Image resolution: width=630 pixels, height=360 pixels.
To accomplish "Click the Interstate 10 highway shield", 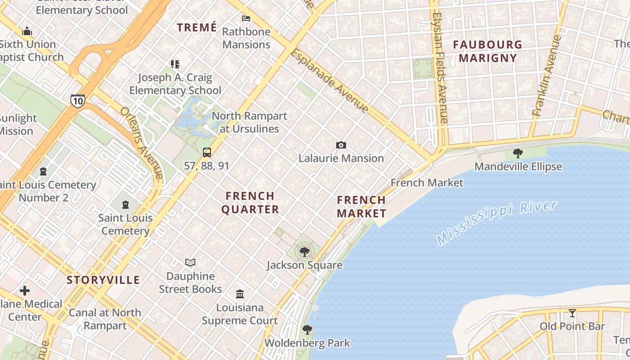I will pos(77,100).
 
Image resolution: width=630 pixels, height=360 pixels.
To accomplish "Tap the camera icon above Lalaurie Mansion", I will pos(341,145).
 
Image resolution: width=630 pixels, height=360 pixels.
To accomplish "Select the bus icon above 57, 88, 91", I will pos(207,152).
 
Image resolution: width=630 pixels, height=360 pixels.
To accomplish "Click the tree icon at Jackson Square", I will pos(305,252).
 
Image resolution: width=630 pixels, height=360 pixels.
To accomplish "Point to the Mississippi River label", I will pos(497,223).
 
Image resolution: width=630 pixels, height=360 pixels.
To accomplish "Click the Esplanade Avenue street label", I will pos(330,81).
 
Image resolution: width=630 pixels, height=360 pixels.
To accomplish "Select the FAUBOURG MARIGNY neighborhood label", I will pos(488,51).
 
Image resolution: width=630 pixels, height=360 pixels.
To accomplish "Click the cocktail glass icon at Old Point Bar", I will pos(572,313).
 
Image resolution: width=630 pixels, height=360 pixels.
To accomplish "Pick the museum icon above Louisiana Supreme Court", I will pos(240,294).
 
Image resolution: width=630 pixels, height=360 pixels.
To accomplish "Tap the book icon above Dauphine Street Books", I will pos(190,262).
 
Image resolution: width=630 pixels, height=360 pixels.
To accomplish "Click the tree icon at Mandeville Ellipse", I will pos(518,153).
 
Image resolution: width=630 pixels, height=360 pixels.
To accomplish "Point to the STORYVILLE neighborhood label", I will pos(103,280).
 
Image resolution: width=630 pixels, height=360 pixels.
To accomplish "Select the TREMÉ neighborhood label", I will pos(197,27).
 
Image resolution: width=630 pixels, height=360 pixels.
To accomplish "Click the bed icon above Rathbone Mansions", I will pos(246,18).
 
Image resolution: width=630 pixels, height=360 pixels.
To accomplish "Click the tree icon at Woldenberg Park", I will pos(307,330).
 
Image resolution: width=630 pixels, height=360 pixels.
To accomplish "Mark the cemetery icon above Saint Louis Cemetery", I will pos(125,205).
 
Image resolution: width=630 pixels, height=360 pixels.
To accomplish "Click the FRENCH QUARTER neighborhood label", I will pos(250,202).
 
